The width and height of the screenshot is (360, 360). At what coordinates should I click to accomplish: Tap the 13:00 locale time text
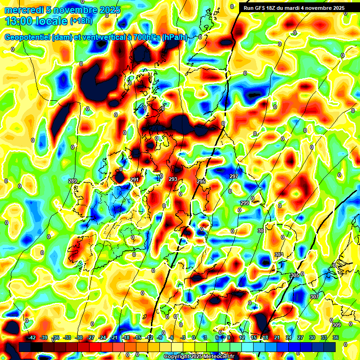click(36, 21)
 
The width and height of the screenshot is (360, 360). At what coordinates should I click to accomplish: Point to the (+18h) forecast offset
click(81, 21)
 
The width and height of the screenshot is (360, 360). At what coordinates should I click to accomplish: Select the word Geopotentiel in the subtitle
click(28, 37)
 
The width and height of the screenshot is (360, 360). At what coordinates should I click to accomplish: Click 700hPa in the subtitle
click(144, 37)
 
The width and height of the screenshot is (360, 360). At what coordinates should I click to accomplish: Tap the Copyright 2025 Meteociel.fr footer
click(199, 357)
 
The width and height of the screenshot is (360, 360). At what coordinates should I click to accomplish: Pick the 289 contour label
click(72, 181)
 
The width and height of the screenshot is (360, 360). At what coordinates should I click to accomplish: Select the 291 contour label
click(135, 180)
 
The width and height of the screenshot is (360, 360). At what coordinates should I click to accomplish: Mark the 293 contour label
click(172, 179)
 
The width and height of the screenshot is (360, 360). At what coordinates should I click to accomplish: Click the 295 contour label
click(201, 181)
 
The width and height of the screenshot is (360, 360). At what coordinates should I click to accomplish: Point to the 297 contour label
click(234, 176)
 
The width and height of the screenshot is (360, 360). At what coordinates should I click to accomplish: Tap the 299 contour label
click(245, 202)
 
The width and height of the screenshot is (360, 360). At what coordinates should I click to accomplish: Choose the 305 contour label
click(295, 275)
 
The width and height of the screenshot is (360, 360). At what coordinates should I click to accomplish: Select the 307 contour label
click(314, 297)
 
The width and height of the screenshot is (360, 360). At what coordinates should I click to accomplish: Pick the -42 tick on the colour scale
click(32, 337)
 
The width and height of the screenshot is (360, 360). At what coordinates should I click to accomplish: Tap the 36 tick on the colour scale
click(336, 337)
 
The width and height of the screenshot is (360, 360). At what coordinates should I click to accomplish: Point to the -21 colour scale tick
click(114, 337)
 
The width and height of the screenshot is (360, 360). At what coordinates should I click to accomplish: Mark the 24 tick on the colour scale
click(289, 337)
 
